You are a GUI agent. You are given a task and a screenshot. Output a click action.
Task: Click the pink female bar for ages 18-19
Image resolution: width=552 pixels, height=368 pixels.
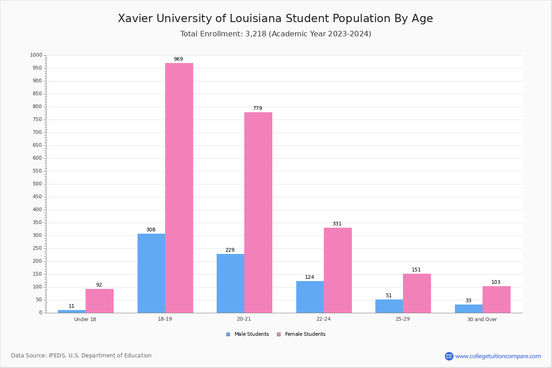(179, 188)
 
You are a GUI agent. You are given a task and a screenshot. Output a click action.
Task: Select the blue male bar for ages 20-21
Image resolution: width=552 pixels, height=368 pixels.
(230, 283)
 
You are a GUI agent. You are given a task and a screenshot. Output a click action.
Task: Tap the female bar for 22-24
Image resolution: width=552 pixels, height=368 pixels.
(338, 270)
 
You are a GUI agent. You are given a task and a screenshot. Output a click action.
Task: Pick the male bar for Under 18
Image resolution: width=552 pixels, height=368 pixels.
(72, 311)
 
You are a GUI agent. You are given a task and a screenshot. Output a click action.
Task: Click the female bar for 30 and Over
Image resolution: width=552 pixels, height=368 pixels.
(496, 300)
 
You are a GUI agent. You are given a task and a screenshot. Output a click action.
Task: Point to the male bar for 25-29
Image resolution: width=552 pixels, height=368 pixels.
(389, 306)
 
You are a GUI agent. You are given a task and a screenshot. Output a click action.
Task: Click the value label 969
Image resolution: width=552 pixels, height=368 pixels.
(178, 59)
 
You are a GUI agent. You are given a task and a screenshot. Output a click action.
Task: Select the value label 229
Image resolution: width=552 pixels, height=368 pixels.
(230, 250)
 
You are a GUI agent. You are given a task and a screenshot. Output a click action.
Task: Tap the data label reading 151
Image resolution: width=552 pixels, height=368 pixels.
(416, 270)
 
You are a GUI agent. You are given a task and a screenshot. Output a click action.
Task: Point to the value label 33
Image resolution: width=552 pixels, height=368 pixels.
(468, 300)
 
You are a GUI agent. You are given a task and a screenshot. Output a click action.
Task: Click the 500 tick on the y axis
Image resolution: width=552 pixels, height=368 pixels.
(37, 184)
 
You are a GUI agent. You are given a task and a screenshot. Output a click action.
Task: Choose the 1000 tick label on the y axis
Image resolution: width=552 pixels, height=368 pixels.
(36, 55)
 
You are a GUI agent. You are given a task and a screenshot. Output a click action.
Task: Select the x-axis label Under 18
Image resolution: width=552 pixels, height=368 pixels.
(85, 319)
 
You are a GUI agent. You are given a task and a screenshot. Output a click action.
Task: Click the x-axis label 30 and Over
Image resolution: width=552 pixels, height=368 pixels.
(482, 319)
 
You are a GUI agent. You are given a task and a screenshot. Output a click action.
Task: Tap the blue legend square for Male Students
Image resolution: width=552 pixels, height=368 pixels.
(228, 334)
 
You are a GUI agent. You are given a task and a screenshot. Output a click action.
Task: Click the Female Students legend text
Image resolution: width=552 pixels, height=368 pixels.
(305, 334)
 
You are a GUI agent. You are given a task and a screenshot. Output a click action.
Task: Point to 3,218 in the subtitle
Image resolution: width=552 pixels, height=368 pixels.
(256, 34)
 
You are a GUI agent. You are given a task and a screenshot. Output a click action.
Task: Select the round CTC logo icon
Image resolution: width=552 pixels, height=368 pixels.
(449, 356)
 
